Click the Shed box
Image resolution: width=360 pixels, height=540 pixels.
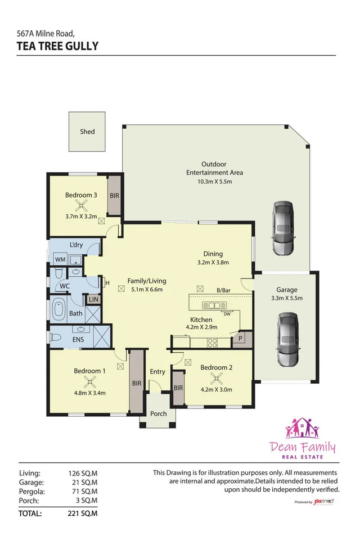(x=87, y=132)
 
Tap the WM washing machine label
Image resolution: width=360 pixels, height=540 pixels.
(x=60, y=259)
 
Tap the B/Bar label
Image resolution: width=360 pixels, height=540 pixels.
(x=224, y=290)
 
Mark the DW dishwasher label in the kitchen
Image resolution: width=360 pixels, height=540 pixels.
(x=227, y=314)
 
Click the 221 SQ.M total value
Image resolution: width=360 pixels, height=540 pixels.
(x=83, y=514)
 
